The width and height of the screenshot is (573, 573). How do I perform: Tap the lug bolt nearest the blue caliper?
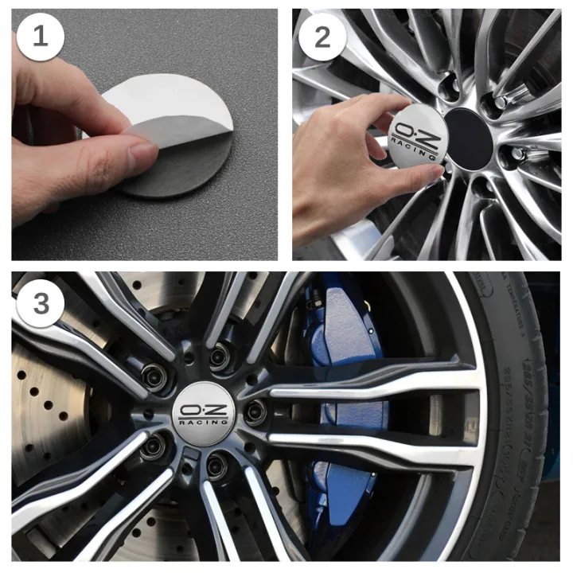pyautogui.click(x=255, y=411)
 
